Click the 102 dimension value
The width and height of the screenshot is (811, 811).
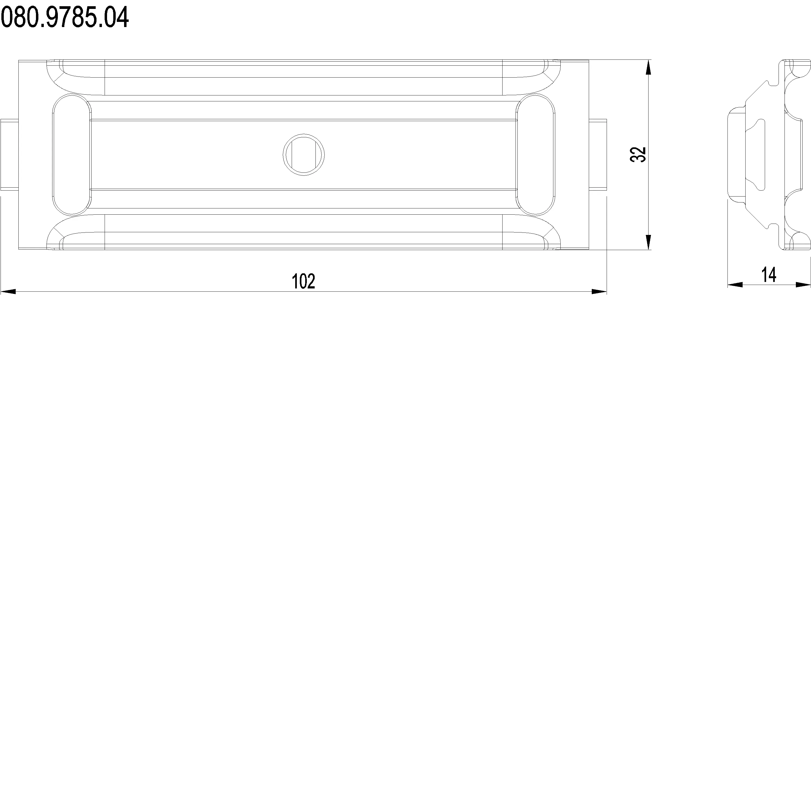303,281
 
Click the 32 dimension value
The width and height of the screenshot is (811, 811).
638,154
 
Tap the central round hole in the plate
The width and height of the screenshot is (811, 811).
304,154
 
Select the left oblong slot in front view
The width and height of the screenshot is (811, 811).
71,154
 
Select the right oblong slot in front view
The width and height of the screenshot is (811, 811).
536,154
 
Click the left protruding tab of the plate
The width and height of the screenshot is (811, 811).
9,154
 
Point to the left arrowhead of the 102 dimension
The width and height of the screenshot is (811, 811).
8,291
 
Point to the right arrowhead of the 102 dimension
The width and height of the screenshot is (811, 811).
599,291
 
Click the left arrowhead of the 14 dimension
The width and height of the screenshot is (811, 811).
734,285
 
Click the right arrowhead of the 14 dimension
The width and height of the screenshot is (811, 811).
803,285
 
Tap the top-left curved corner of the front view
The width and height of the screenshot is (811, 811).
57,78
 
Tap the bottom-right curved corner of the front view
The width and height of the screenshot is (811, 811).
550,233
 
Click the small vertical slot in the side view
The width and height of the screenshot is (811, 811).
761,154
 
